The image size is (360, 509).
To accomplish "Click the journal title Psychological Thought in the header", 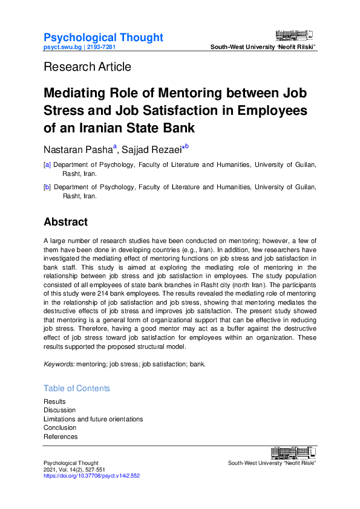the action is (x=103, y=37).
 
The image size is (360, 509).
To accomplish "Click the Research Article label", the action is (x=87, y=66).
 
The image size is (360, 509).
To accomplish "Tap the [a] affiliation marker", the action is (x=47, y=164).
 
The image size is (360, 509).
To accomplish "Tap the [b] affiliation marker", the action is (x=47, y=187).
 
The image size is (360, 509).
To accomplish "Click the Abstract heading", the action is (x=65, y=222).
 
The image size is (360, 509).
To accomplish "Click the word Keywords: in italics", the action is (x=59, y=365).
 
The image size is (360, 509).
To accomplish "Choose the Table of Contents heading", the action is (x=77, y=388).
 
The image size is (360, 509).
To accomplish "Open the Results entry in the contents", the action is (x=54, y=402).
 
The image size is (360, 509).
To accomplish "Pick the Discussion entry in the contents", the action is (x=59, y=410).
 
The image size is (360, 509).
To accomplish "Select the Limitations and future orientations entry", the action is (x=93, y=419).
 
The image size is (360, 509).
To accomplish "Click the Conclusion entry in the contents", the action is (x=61, y=428).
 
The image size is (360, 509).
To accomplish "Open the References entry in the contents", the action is (x=61, y=436).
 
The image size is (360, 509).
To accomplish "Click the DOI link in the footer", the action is (x=91, y=476).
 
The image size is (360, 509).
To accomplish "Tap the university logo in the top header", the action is (x=295, y=36).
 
